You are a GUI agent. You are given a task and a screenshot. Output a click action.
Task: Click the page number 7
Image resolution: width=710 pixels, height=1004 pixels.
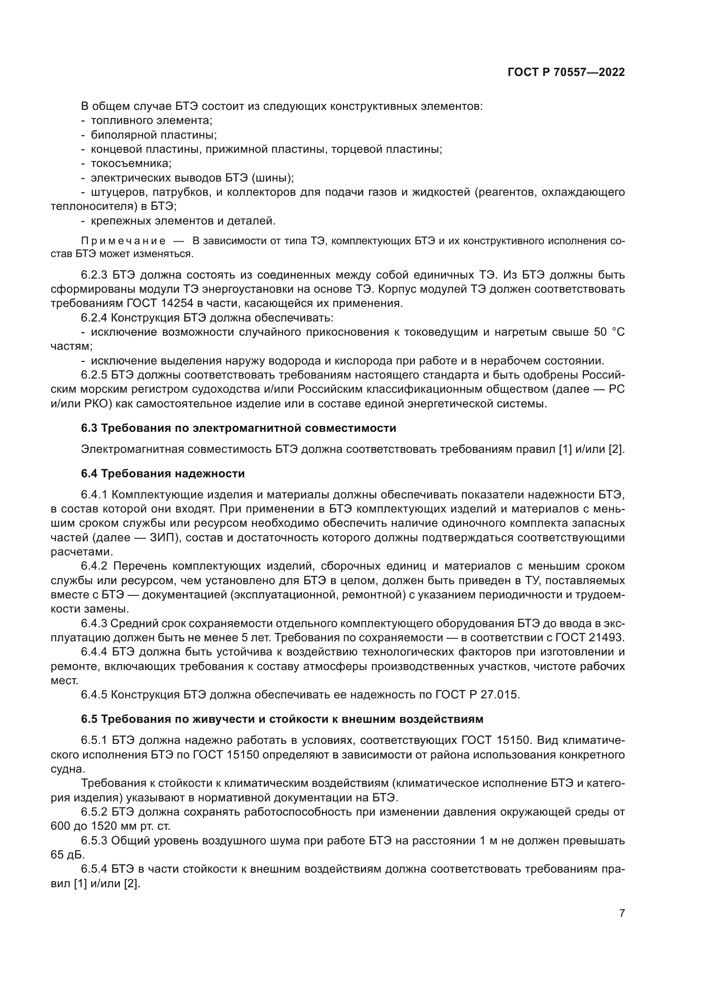(x=622, y=913)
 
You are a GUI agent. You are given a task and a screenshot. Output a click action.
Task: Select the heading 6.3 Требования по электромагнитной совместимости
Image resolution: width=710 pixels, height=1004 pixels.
(x=238, y=428)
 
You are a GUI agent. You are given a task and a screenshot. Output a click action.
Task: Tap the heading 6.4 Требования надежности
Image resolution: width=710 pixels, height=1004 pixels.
(x=163, y=473)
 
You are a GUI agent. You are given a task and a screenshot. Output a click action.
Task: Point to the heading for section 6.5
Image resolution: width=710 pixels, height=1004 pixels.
(x=282, y=719)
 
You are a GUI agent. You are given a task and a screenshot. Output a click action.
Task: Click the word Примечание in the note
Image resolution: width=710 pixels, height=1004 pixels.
(x=123, y=241)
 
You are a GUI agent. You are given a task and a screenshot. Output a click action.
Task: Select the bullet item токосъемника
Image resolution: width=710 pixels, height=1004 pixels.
(x=131, y=164)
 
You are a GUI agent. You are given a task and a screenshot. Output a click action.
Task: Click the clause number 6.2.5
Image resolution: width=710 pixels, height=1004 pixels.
(x=94, y=375)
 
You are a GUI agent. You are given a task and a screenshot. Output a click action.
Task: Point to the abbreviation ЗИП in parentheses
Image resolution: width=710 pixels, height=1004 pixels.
(x=162, y=537)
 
